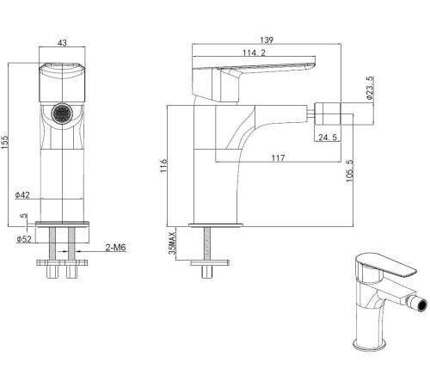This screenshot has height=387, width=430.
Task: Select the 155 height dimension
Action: (8, 143)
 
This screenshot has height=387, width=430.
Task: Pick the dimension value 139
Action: (267, 39)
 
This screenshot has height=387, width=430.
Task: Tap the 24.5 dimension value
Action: (326, 137)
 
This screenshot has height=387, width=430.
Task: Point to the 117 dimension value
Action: (277, 157)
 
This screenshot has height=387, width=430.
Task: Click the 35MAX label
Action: (174, 243)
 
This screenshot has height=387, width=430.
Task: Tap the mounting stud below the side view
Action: (207, 249)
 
